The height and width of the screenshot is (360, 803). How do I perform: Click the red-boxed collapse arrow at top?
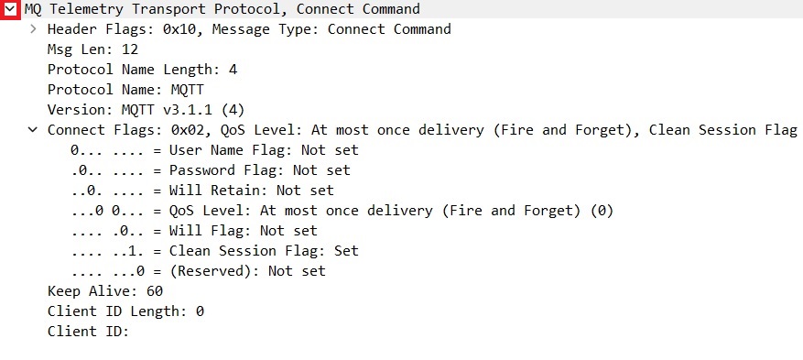[x=10, y=9]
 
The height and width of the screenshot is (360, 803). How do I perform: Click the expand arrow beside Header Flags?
[x=33, y=29]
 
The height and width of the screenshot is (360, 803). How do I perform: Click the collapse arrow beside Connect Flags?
[x=33, y=130]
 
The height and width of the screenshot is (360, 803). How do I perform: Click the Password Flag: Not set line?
[x=210, y=170]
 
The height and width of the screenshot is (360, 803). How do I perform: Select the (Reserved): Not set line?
[x=198, y=271]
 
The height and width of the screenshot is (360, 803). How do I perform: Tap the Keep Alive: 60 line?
[x=105, y=291]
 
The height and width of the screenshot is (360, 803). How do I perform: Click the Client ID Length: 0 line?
[x=125, y=311]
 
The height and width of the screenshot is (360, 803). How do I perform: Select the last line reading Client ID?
[x=88, y=332]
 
